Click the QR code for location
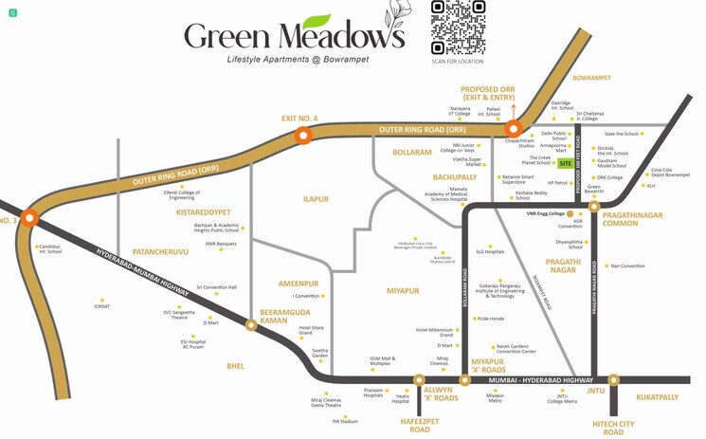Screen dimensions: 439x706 pos(459,27)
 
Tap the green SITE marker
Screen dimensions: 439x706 pos(566,163)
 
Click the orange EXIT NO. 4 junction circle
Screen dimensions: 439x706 pos(303,136)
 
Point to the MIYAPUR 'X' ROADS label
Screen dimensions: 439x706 pos(488,365)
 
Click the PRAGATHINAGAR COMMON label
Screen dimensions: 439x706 pos(632,219)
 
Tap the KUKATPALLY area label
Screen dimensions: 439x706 pos(657,397)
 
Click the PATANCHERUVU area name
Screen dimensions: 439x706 pos(160,252)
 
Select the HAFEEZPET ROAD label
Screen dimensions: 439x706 pos(419,425)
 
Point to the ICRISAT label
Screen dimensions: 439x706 pos(101,306)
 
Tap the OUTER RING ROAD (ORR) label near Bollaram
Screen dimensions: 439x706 pos(422,129)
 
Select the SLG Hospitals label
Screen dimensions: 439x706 pos(490,252)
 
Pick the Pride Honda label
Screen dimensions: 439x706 pos(491,319)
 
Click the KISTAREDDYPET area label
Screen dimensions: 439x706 pos(203,212)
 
